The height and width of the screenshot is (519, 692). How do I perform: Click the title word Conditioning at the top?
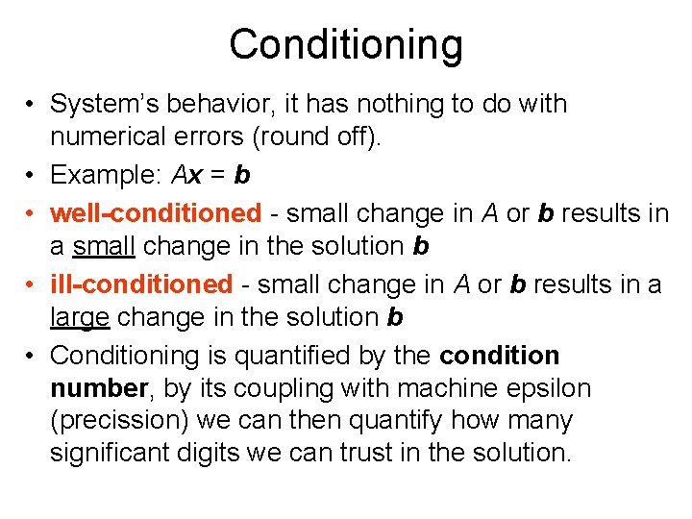coord(346,44)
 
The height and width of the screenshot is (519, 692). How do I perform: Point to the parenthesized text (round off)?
coord(316,137)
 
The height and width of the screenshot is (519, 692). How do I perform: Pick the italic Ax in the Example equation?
coord(189,175)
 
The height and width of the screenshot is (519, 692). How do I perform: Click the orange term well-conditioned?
coord(156,212)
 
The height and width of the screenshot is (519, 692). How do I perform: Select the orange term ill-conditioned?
coord(141,284)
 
